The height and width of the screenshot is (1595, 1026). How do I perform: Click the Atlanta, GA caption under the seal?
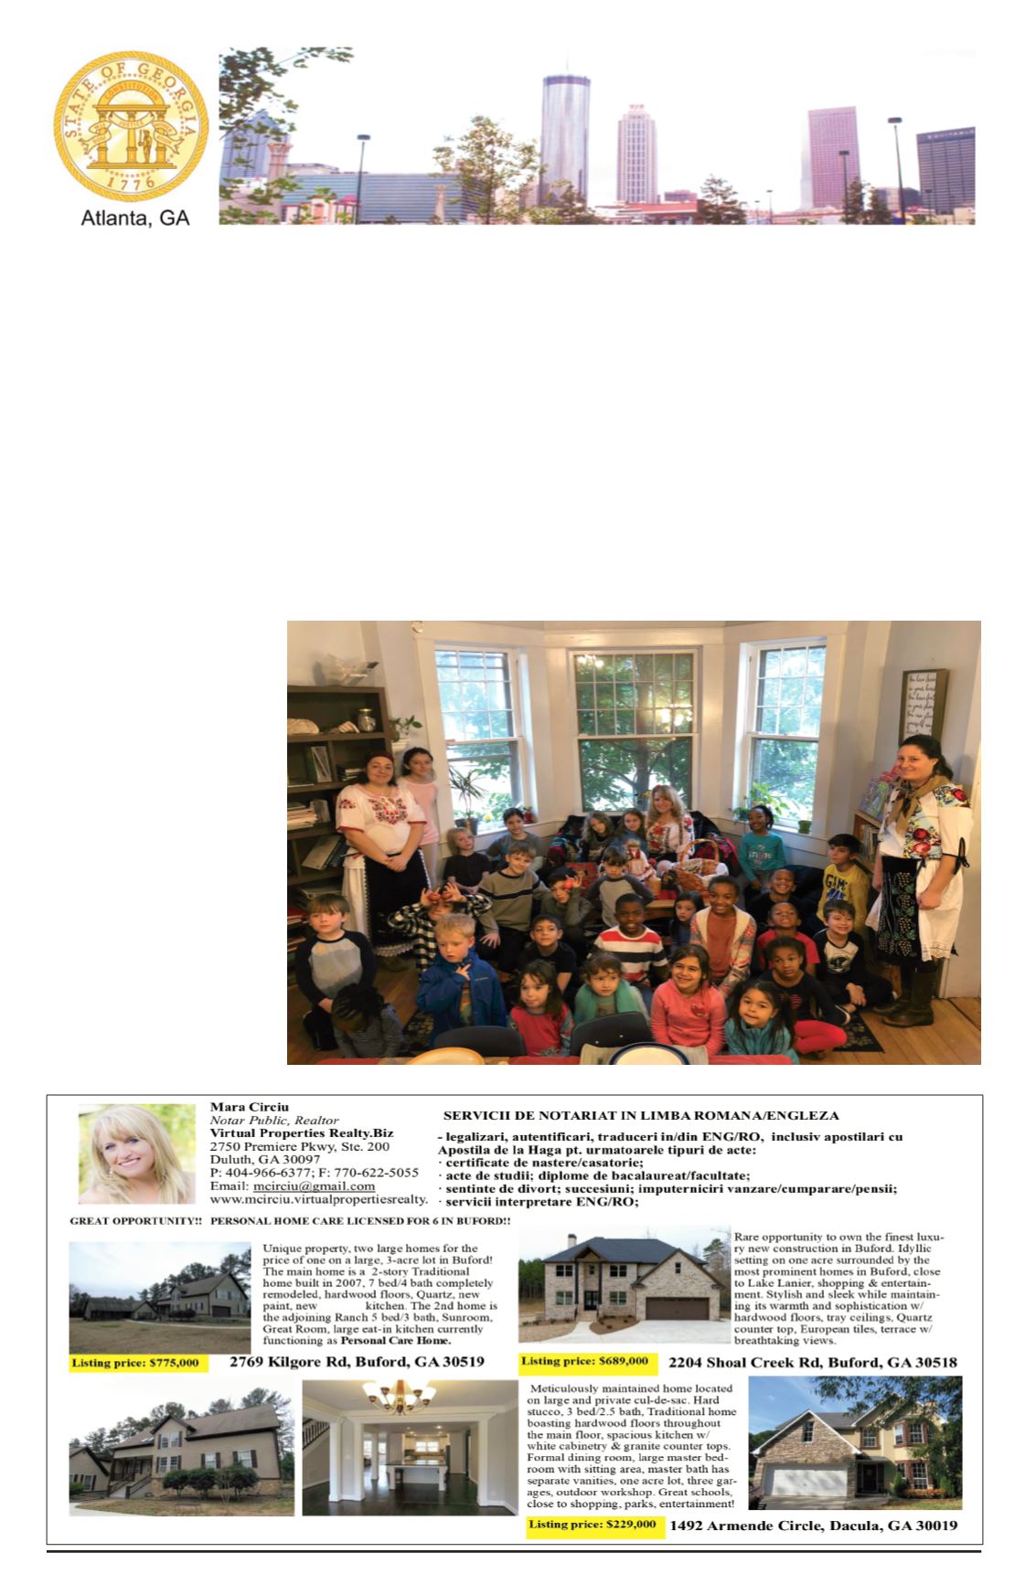point(135,220)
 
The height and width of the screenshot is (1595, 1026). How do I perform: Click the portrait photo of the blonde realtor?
point(137,1154)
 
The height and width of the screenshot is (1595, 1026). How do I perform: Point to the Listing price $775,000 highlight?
point(135,1363)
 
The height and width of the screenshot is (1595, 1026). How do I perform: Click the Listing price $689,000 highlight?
point(585,1361)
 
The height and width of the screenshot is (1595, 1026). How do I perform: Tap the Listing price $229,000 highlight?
point(593,1525)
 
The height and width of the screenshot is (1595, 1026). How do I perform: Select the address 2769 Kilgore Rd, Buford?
point(357,1362)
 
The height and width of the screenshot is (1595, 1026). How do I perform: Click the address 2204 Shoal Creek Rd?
point(812,1362)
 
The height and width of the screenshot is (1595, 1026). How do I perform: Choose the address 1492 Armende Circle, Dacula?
point(813,1526)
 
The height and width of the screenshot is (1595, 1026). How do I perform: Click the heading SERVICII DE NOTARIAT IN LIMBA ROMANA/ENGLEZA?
point(640,1115)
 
